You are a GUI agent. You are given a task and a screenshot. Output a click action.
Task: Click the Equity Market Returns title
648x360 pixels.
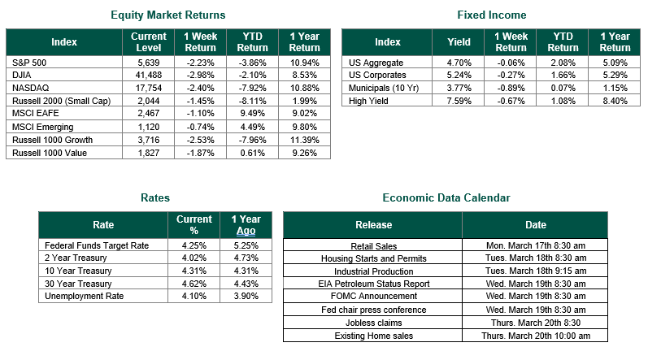[x=167, y=15]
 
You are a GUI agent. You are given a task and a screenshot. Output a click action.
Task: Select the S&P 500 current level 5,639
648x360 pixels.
[x=148, y=63]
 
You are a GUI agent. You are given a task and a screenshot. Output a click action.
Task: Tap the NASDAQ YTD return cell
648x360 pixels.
[x=252, y=88]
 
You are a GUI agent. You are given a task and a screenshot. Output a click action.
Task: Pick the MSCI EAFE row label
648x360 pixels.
[x=36, y=113]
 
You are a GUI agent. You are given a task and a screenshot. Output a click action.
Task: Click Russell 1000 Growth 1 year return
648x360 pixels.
[x=304, y=140]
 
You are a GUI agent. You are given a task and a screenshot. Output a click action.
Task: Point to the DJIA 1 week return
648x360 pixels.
[x=201, y=75]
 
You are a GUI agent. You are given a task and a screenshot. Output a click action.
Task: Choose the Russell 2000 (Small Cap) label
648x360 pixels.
[x=62, y=101]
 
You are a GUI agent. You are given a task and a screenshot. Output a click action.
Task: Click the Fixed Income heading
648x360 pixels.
[x=491, y=15]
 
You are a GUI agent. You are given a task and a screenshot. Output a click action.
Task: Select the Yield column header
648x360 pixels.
[x=459, y=42]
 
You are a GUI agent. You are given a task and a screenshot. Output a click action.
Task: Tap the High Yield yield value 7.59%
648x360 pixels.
[x=459, y=101]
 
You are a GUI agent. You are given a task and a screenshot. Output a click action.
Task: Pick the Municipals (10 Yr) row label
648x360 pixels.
[x=384, y=88]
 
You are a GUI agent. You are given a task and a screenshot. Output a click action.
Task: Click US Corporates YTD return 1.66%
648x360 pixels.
[x=563, y=75]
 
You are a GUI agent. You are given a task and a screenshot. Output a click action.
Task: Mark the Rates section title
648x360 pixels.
[x=155, y=197]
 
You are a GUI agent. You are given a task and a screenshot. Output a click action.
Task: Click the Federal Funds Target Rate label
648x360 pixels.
[x=97, y=245]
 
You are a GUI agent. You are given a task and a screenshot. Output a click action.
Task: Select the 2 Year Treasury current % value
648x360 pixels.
[x=194, y=258]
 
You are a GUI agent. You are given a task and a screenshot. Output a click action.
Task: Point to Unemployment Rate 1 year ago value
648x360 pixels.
[x=246, y=296]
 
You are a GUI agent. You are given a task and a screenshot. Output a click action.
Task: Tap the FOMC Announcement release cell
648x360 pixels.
[x=373, y=296]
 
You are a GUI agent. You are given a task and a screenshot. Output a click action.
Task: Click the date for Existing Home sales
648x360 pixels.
[x=536, y=336]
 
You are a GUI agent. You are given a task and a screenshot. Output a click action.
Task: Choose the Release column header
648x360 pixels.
[x=373, y=225]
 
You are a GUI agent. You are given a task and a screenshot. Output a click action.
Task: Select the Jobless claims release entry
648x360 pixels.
[x=373, y=323]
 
